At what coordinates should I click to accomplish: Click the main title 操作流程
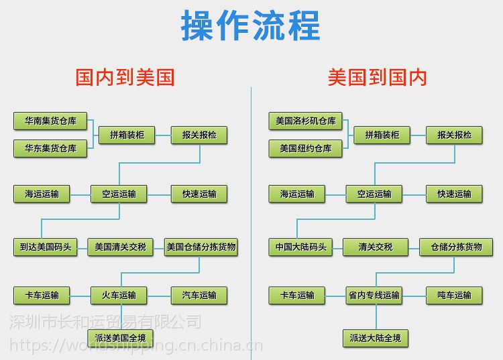[251, 25]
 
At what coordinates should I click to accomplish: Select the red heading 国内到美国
[125, 77]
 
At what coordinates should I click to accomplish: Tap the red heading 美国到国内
[377, 77]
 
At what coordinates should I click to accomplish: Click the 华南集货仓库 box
[50, 121]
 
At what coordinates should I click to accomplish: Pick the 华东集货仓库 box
[50, 148]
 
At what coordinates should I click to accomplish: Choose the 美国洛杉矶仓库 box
[305, 121]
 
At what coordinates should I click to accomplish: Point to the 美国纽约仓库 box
[305, 148]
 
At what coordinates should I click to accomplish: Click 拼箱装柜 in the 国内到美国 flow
[127, 135]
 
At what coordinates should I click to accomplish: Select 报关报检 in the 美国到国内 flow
[454, 135]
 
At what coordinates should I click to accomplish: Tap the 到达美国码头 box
[42, 247]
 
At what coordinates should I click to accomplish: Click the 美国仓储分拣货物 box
[201, 247]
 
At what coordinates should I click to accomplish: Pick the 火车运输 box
[119, 295]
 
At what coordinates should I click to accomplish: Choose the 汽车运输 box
[199, 295]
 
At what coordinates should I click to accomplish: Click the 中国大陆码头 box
[297, 247]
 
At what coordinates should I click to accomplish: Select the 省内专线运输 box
[374, 295]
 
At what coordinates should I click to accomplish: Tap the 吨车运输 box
[454, 295]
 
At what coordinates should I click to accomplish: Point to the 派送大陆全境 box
[374, 338]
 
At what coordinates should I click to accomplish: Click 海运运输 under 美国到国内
[297, 194]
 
